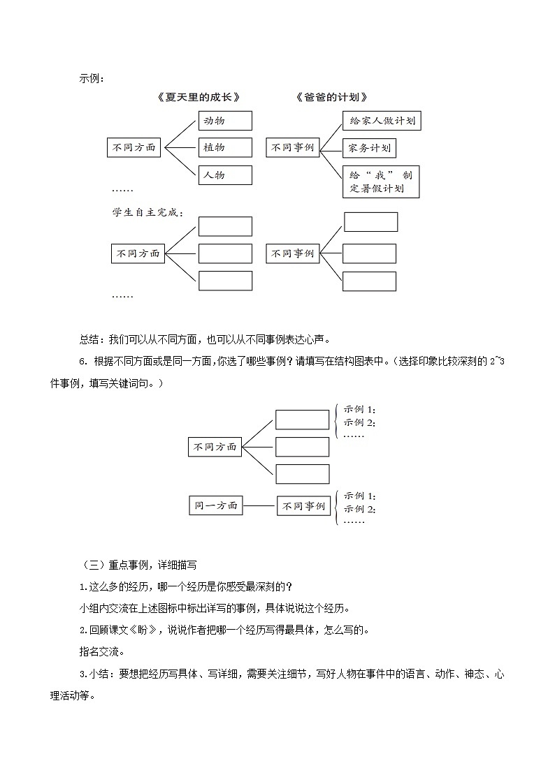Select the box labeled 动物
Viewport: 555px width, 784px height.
click(x=224, y=121)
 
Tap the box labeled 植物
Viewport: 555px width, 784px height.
click(x=224, y=147)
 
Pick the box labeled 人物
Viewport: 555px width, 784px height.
click(x=224, y=175)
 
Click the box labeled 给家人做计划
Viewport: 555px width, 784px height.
click(x=382, y=121)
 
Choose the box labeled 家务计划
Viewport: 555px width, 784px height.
click(x=369, y=148)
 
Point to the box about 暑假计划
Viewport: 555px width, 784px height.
click(x=381, y=182)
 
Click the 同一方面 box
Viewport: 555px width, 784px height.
click(x=215, y=505)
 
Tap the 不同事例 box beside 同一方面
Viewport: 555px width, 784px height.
click(x=303, y=506)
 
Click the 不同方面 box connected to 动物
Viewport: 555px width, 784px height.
click(x=135, y=148)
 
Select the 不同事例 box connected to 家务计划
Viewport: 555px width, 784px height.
click(x=293, y=147)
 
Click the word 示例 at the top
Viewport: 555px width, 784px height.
click(x=90, y=79)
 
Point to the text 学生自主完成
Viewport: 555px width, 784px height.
click(x=138, y=212)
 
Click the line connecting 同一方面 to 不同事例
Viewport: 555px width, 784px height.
click(x=259, y=505)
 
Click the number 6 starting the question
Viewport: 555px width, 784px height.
click(x=82, y=361)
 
